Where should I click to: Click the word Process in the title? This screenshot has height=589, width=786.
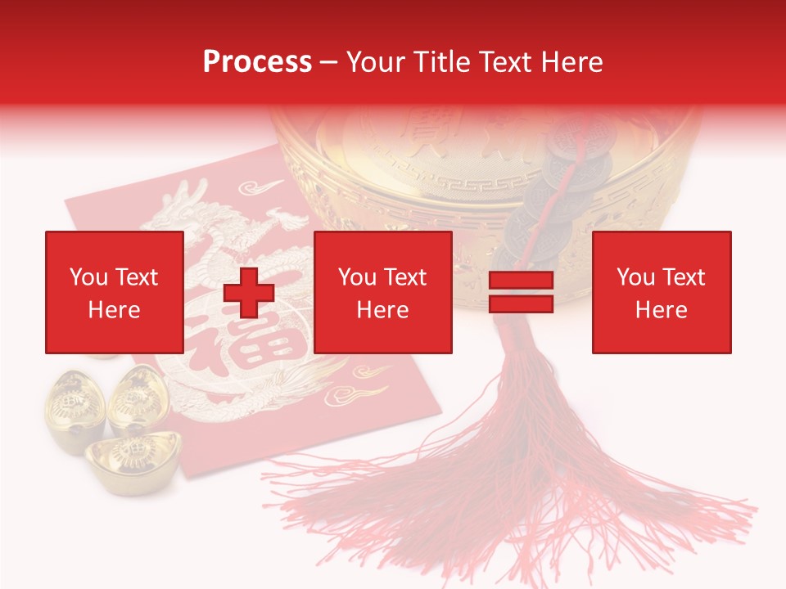click(257, 62)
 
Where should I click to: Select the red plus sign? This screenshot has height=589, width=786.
click(249, 292)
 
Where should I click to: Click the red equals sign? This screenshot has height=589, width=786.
click(521, 292)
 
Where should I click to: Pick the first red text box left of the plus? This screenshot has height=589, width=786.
click(114, 292)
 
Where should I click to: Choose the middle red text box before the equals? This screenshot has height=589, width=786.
click(382, 292)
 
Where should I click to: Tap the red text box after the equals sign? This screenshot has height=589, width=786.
click(661, 292)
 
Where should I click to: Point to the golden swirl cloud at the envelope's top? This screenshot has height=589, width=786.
click(266, 187)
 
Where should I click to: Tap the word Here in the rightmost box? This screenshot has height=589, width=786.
click(661, 310)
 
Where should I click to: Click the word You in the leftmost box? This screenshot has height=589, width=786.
click(88, 277)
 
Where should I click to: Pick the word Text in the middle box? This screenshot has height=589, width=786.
click(405, 277)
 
